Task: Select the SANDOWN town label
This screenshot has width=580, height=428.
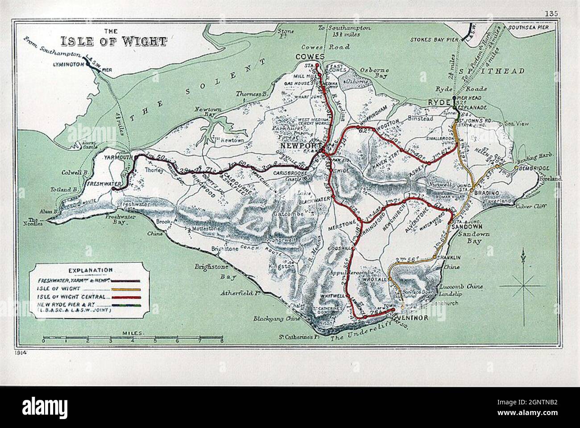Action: tap(464, 227)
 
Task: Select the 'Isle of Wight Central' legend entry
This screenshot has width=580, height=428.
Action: tap(74, 296)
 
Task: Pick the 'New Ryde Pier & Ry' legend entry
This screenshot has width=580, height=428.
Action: tap(74, 304)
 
